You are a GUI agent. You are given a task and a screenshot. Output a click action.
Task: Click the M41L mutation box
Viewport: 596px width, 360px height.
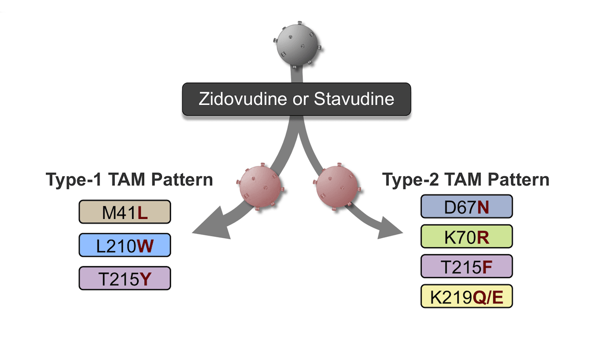pos(125,212)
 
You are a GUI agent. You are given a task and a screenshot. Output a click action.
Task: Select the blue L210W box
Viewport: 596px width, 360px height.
pos(125,245)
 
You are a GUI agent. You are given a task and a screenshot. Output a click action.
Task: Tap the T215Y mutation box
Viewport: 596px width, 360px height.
pos(125,278)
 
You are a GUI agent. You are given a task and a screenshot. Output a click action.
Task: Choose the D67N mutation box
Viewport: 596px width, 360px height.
pos(467,207)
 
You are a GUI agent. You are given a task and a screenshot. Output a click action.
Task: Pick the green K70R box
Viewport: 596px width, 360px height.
pos(467,236)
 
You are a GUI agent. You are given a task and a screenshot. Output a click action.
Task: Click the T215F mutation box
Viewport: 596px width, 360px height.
pos(467,266)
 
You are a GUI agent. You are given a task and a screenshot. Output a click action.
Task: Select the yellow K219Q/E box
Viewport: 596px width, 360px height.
pos(467,296)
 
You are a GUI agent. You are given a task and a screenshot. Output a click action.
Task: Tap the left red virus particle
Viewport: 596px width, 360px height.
pos(260,187)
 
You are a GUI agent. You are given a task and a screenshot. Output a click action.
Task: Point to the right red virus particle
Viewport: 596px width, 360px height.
pos(337,187)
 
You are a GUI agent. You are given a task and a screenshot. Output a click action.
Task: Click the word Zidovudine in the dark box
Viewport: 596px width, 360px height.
pos(243,99)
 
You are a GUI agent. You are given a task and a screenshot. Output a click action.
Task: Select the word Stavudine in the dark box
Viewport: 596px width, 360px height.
pos(354,99)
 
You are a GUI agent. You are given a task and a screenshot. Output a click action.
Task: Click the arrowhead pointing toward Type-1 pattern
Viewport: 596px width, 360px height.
pos(213,224)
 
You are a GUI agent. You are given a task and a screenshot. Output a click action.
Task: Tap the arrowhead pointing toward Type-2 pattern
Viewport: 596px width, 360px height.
pos(389,228)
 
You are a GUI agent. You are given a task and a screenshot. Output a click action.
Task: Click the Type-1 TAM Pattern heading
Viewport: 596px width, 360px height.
pos(129,180)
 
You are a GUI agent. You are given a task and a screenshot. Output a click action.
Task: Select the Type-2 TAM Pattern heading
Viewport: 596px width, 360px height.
pos(466,180)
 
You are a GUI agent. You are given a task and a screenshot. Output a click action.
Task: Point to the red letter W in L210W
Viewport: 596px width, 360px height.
pos(145,246)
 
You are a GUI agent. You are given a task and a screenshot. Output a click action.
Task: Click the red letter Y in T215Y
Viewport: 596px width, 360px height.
pos(146,279)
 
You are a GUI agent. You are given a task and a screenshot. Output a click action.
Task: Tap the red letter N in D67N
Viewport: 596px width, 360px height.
pos(483,207)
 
